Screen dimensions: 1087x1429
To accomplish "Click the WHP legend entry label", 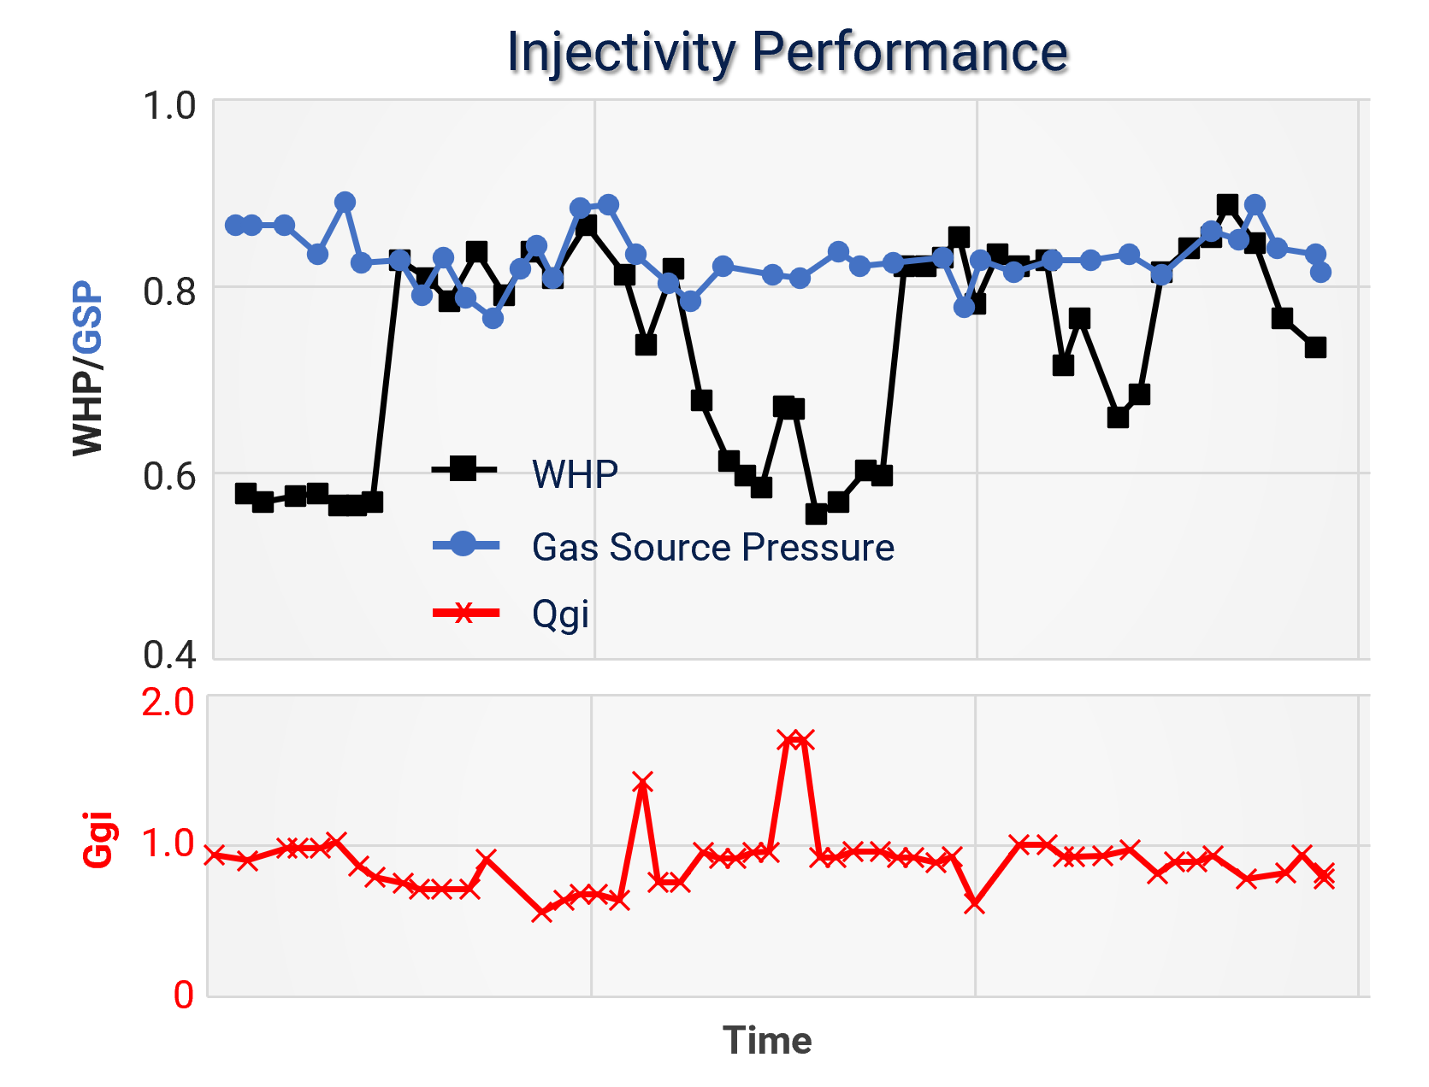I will pos(575,473).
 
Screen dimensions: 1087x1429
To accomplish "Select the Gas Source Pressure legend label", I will pos(712,547).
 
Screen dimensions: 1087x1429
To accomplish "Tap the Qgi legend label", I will pos(560,614).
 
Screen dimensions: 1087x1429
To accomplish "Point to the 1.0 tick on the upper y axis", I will pos(168,107).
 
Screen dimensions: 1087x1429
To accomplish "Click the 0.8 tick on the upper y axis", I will pos(168,291).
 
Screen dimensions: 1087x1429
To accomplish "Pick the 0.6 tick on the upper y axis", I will pos(168,475).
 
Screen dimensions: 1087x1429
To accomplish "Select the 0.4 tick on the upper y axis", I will pos(168,655).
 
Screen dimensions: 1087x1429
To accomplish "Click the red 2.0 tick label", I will pos(168,702).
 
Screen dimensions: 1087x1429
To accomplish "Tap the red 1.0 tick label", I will pos(168,843).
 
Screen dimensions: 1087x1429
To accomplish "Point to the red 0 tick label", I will pos(184,996).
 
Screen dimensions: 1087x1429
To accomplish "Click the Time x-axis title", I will pos(767,1041).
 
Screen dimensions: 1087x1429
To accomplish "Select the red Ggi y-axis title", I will pos(99,840).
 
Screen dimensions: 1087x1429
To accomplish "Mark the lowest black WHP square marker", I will pos(816,514).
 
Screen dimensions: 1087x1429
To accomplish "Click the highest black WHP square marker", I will pos(1227,205).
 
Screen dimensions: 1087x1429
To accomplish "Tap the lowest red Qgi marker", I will pos(541,913).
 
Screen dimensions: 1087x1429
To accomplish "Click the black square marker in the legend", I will pos(463,468).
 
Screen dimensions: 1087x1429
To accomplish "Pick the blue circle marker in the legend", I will pos(463,543).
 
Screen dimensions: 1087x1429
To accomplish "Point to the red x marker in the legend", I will pos(463,612).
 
